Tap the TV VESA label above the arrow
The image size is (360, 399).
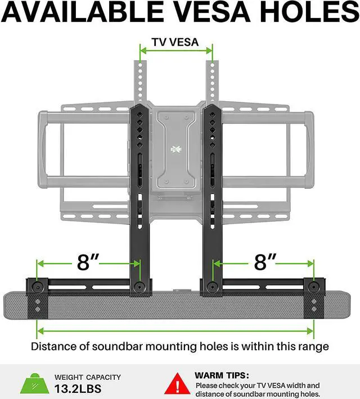[175, 42]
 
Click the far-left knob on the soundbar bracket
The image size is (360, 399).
[38, 287]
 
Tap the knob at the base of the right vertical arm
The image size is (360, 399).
[211, 287]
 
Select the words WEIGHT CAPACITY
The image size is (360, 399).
[87, 377]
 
